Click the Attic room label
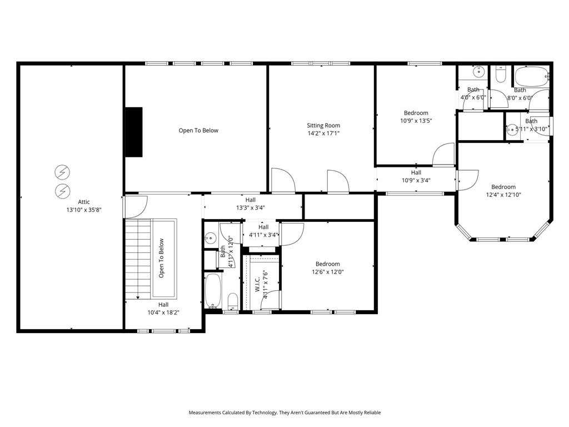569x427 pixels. pyautogui.click(x=84, y=202)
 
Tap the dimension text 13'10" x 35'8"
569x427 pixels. pyautogui.click(x=84, y=210)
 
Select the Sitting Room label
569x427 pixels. pyautogui.click(x=323, y=125)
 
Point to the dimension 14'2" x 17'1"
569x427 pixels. pyautogui.click(x=323, y=133)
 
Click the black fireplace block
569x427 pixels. pyautogui.click(x=133, y=132)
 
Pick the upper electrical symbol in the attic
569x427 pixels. pyautogui.click(x=62, y=172)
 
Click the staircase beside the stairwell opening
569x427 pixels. pyautogui.click(x=138, y=259)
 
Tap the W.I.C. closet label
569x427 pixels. pyautogui.click(x=257, y=284)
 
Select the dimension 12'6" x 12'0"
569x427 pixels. pyautogui.click(x=328, y=272)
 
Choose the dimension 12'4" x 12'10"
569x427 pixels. pyautogui.click(x=503, y=195)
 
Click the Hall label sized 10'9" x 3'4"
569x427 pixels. pyautogui.click(x=416, y=172)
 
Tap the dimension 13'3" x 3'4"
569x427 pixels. pyautogui.click(x=251, y=208)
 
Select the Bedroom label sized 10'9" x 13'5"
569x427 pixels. pyautogui.click(x=416, y=113)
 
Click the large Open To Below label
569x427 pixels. pyautogui.click(x=198, y=130)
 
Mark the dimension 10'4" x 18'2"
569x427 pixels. pyautogui.click(x=163, y=312)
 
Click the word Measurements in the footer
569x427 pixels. pyautogui.click(x=204, y=413)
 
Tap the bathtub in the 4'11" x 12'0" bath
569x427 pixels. pyautogui.click(x=213, y=290)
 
